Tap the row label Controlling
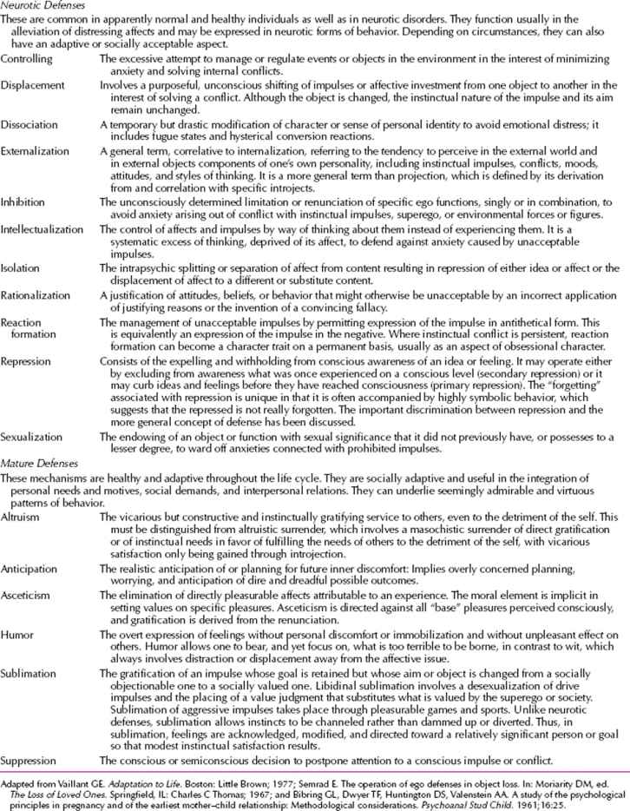click(x=27, y=58)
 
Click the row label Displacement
click(x=33, y=86)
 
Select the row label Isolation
click(x=21, y=267)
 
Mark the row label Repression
click(x=28, y=359)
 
